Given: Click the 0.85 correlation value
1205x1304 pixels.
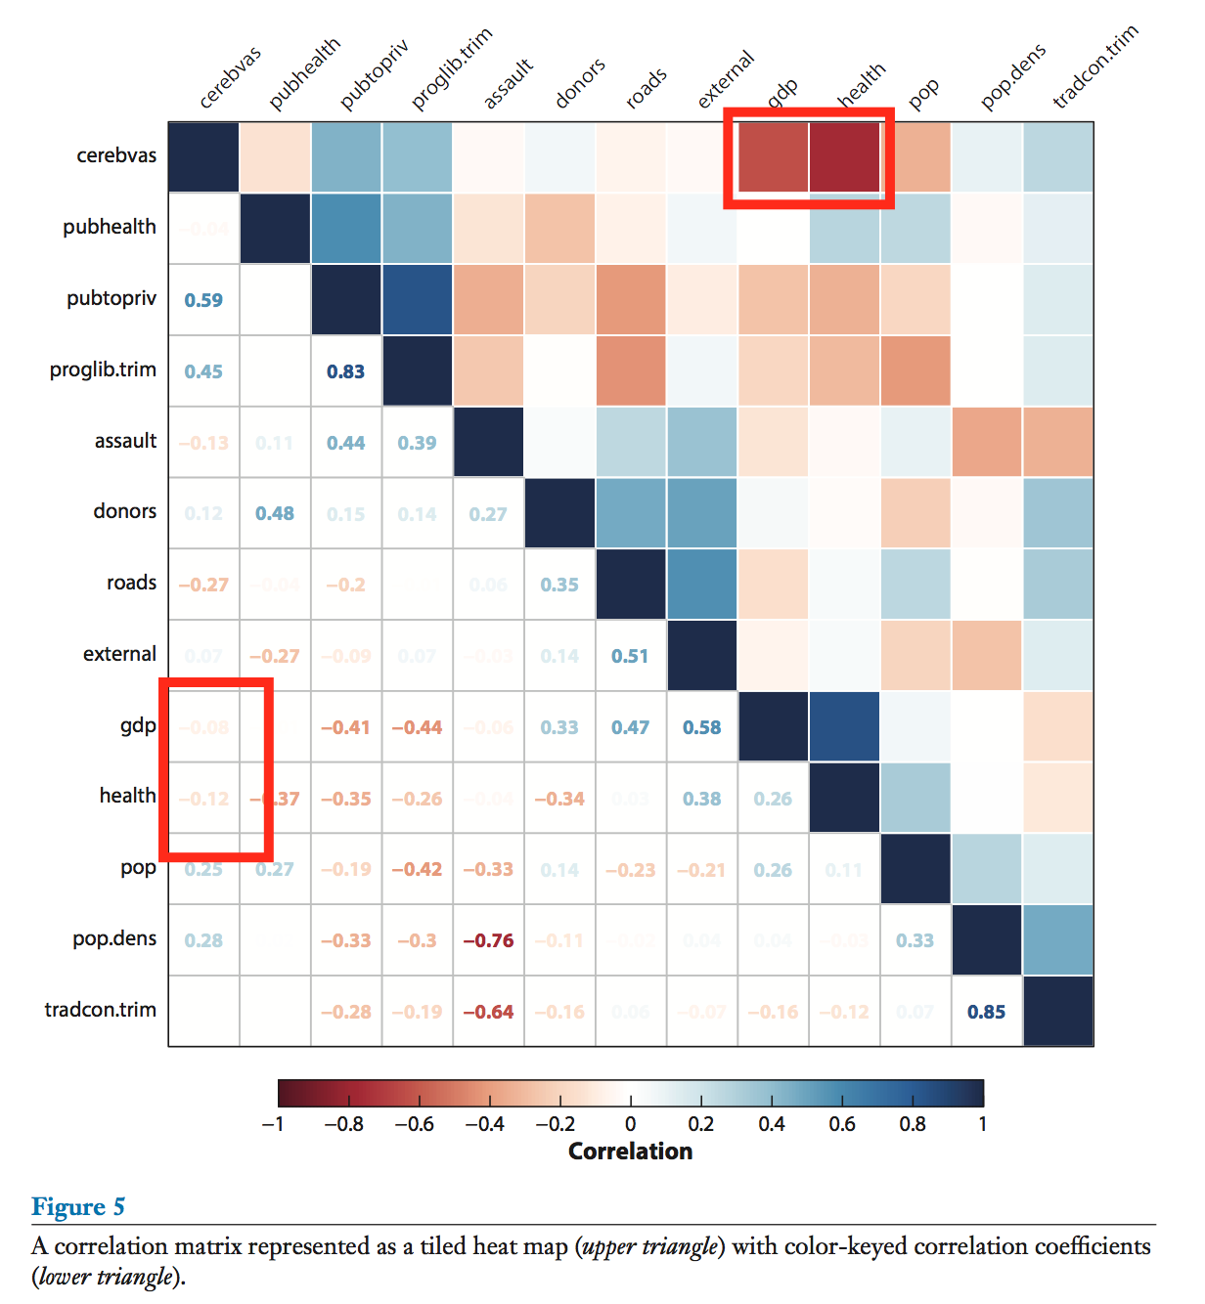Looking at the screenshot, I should coord(986,1012).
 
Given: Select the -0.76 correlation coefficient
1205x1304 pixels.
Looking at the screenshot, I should coord(488,940).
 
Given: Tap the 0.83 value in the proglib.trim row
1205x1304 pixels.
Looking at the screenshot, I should coord(345,371).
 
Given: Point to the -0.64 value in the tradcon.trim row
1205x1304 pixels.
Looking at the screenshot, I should coord(488,1012).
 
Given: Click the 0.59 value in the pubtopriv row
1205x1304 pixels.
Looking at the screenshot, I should coord(203,300).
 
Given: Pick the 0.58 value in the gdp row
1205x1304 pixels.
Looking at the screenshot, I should coord(701,727).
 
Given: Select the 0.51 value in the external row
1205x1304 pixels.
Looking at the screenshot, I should coord(630,656).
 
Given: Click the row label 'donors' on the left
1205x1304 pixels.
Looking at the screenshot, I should coord(124,511).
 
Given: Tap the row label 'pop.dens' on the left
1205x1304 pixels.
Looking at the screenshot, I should coord(114,938).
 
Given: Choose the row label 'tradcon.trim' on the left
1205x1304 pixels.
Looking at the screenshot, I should coord(100,1010).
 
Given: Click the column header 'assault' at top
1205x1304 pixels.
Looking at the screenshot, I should coord(509,83).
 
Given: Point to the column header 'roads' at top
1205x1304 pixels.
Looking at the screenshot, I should coord(647,87).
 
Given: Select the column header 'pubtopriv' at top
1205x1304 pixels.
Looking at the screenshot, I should coord(374,74).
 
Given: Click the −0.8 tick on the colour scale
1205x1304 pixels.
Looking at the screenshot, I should coord(343,1124).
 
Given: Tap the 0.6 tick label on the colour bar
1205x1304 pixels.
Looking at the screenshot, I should coord(841,1124).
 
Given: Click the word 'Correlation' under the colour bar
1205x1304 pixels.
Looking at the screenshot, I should coord(630,1152).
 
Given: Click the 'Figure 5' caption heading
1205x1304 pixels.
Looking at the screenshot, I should coord(78,1206).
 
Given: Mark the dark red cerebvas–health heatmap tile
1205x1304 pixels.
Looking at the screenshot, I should coord(844,156).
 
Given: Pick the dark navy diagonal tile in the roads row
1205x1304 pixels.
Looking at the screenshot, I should coord(630,584).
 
